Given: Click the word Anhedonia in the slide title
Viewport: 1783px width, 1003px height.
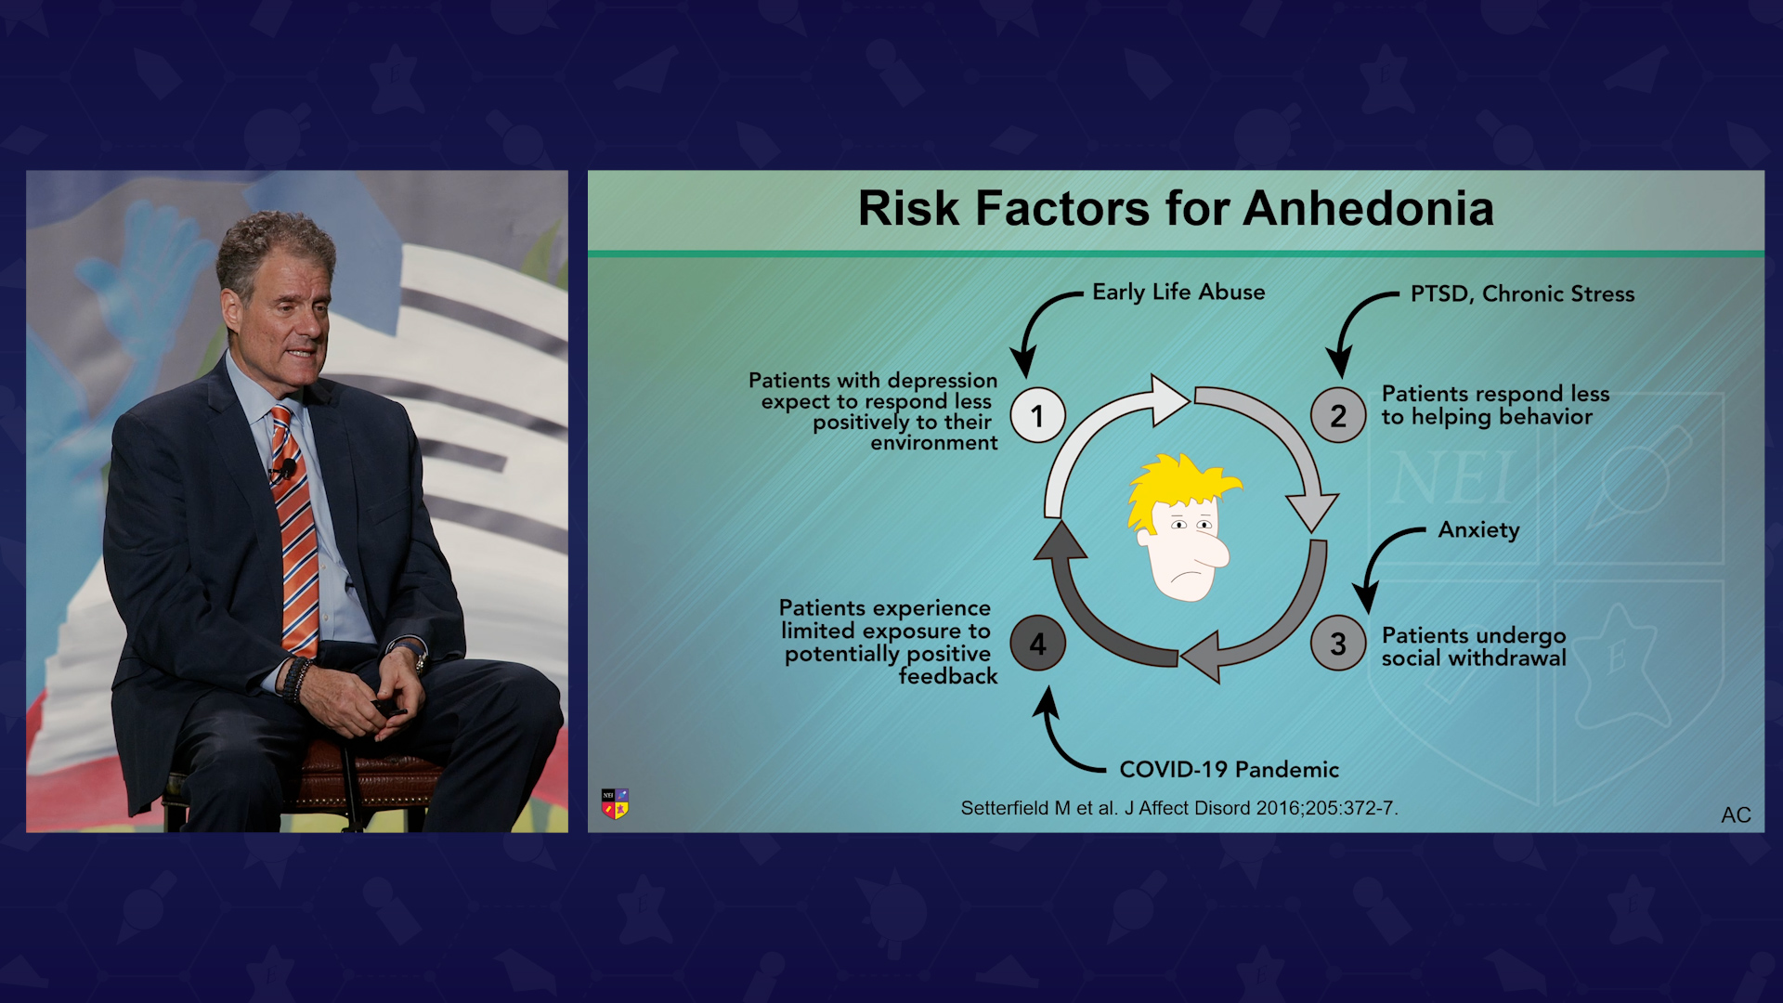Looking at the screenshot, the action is click(x=1369, y=208).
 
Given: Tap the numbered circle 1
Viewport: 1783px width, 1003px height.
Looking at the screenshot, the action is click(x=1037, y=415).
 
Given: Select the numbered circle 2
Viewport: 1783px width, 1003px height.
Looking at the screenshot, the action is click(x=1338, y=415).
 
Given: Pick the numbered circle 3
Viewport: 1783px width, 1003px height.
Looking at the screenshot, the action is click(x=1338, y=644).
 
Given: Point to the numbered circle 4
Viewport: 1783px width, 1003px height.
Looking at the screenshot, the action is click(x=1037, y=644).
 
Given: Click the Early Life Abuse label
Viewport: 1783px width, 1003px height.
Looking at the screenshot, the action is click(x=1178, y=292).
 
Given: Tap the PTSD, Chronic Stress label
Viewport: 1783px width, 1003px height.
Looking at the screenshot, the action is click(x=1522, y=293).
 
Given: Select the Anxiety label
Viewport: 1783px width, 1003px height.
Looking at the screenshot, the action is click(x=1478, y=529).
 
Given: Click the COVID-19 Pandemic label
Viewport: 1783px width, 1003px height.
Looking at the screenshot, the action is click(x=1229, y=769).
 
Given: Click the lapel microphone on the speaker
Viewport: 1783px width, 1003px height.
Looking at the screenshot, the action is click(x=287, y=469).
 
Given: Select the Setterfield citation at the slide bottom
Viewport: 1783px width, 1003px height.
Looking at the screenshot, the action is click(x=1179, y=808).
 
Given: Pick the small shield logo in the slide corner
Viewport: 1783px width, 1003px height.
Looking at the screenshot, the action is click(x=615, y=803).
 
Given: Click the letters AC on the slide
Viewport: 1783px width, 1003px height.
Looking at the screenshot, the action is click(x=1736, y=814).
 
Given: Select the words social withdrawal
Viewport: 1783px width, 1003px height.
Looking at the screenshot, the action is click(x=1474, y=658).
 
